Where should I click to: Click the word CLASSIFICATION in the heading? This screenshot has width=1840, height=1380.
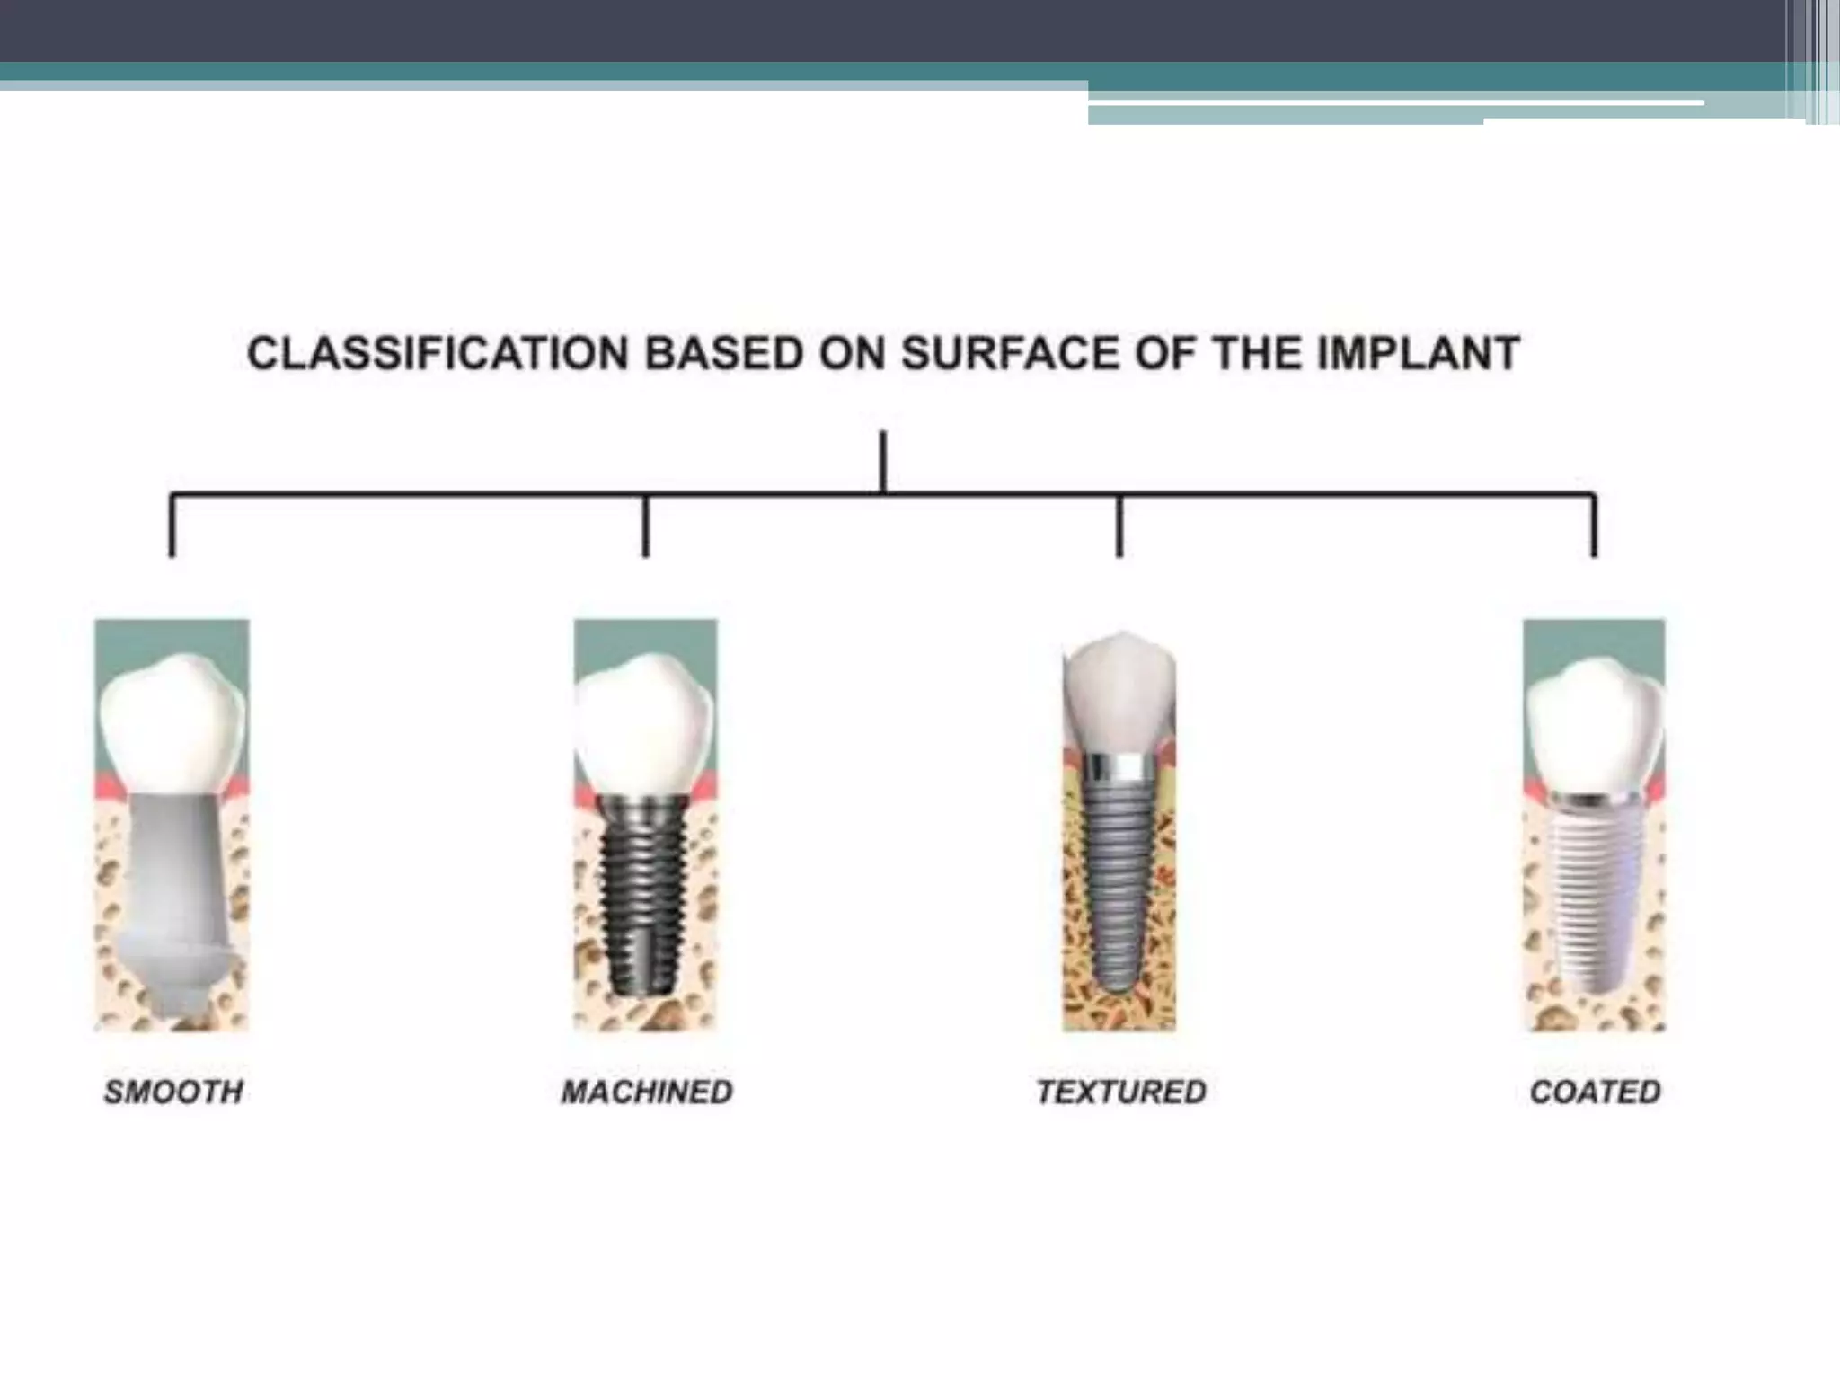tap(438, 353)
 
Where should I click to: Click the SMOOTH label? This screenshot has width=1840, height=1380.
tap(173, 1092)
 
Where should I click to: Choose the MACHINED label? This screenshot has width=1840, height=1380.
tap(647, 1092)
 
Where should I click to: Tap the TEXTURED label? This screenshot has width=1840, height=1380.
tap(1120, 1092)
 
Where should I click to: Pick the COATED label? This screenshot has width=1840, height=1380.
tap(1595, 1092)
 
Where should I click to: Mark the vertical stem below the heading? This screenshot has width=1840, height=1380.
tap(883, 461)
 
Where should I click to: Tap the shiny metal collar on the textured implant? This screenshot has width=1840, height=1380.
tap(1119, 765)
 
